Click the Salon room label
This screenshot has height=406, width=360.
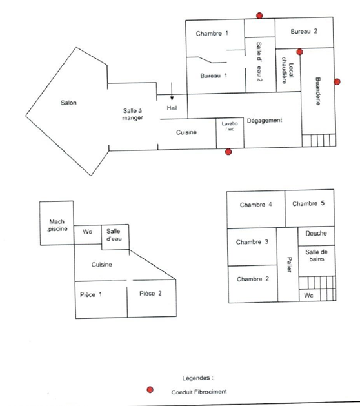coord(68,103)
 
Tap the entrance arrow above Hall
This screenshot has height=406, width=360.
coord(172,91)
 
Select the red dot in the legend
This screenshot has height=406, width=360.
coord(150,390)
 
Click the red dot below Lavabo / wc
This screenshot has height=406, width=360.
coord(228,152)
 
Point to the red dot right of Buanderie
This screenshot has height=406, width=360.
coord(337,82)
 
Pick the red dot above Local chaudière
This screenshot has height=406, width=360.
coord(300,52)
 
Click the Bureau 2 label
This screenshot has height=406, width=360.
coord(304,32)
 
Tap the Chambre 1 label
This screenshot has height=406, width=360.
coord(212,34)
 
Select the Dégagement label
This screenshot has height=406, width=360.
coord(265,121)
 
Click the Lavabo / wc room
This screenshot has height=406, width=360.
coord(230,133)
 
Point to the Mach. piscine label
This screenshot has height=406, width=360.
coord(57,225)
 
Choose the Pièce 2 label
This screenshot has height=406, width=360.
coord(150,294)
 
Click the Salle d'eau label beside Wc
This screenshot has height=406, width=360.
coord(114,235)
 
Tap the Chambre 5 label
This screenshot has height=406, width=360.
coord(308,203)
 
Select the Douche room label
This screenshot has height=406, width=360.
coord(316,233)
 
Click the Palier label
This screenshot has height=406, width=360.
coord(289,265)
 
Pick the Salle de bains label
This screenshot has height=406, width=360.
coord(316,256)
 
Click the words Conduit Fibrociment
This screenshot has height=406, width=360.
coord(199,392)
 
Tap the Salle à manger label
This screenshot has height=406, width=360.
coord(132,114)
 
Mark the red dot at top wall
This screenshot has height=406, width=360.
coord(259,15)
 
